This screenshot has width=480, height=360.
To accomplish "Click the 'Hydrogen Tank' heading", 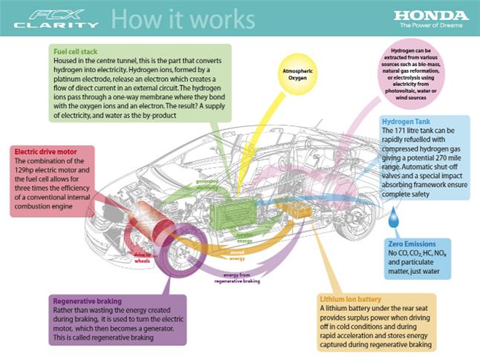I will tap(406, 121).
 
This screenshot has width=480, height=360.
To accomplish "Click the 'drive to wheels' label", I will tap(144, 255).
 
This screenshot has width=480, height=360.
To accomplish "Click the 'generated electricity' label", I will tap(207, 183).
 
